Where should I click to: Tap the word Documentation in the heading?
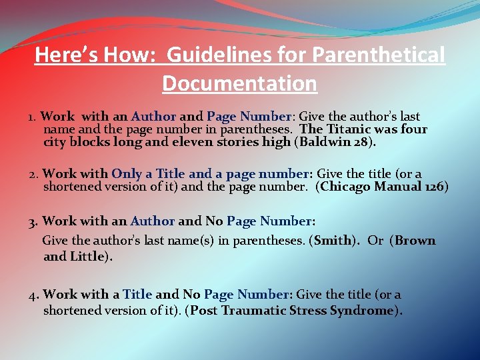pos(239,84)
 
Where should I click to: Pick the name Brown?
pos(415,241)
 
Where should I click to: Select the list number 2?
pos(33,175)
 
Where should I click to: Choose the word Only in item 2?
pos(127,174)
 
